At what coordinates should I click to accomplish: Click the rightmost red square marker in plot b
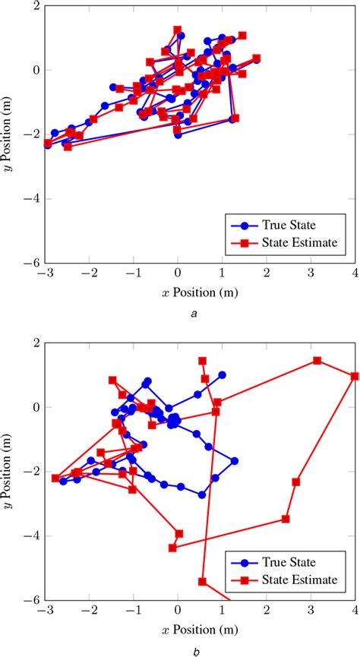(x=355, y=376)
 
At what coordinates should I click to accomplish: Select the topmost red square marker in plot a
(x=178, y=30)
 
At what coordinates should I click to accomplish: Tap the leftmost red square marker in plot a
(x=48, y=143)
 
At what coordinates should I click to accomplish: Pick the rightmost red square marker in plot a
(x=257, y=58)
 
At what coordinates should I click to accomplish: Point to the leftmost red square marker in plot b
(x=55, y=478)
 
